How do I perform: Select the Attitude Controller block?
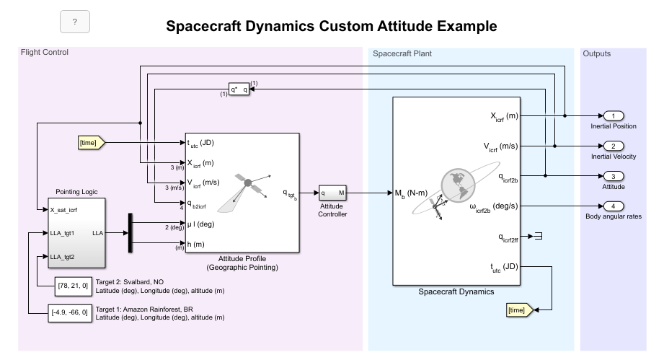click(x=333, y=193)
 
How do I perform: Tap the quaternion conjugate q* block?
click(x=239, y=89)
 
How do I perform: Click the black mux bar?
click(x=130, y=233)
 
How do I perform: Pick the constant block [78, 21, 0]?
click(x=74, y=286)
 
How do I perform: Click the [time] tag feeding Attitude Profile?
click(x=92, y=143)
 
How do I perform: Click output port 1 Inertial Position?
click(x=613, y=115)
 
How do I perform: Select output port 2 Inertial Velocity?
click(x=613, y=146)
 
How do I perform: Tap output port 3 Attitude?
click(x=613, y=176)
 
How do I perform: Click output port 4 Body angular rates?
click(x=613, y=206)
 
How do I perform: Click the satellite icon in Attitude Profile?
click(x=247, y=185)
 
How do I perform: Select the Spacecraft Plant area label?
click(x=402, y=53)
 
